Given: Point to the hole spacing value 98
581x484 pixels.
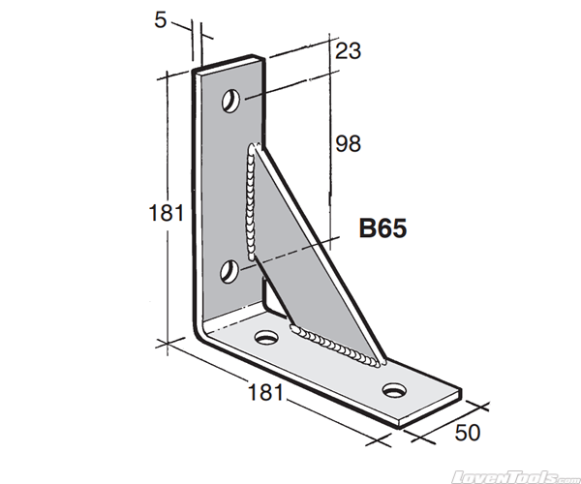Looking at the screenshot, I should coord(349,144).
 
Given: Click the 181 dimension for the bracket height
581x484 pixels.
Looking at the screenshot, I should coord(167,212).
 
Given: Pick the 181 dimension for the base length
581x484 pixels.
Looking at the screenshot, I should coord(264,392).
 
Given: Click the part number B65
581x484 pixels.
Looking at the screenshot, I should coord(383,229).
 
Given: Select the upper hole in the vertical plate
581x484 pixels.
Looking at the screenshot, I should coord(232,100).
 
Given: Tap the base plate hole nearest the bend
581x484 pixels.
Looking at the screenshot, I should coord(265,337).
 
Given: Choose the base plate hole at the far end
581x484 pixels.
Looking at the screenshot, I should coord(394,390).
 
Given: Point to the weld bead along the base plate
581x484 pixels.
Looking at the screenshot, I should coord(334,348).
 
